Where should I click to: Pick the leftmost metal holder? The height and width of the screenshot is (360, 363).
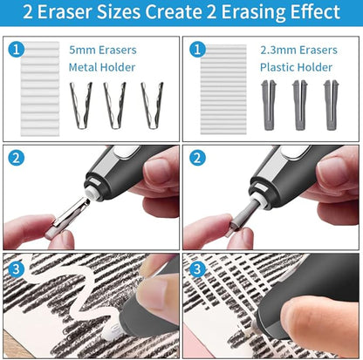point(82,105)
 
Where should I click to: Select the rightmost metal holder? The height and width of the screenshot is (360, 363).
point(151,105)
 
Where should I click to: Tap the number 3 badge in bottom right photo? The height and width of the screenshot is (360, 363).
point(198,269)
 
